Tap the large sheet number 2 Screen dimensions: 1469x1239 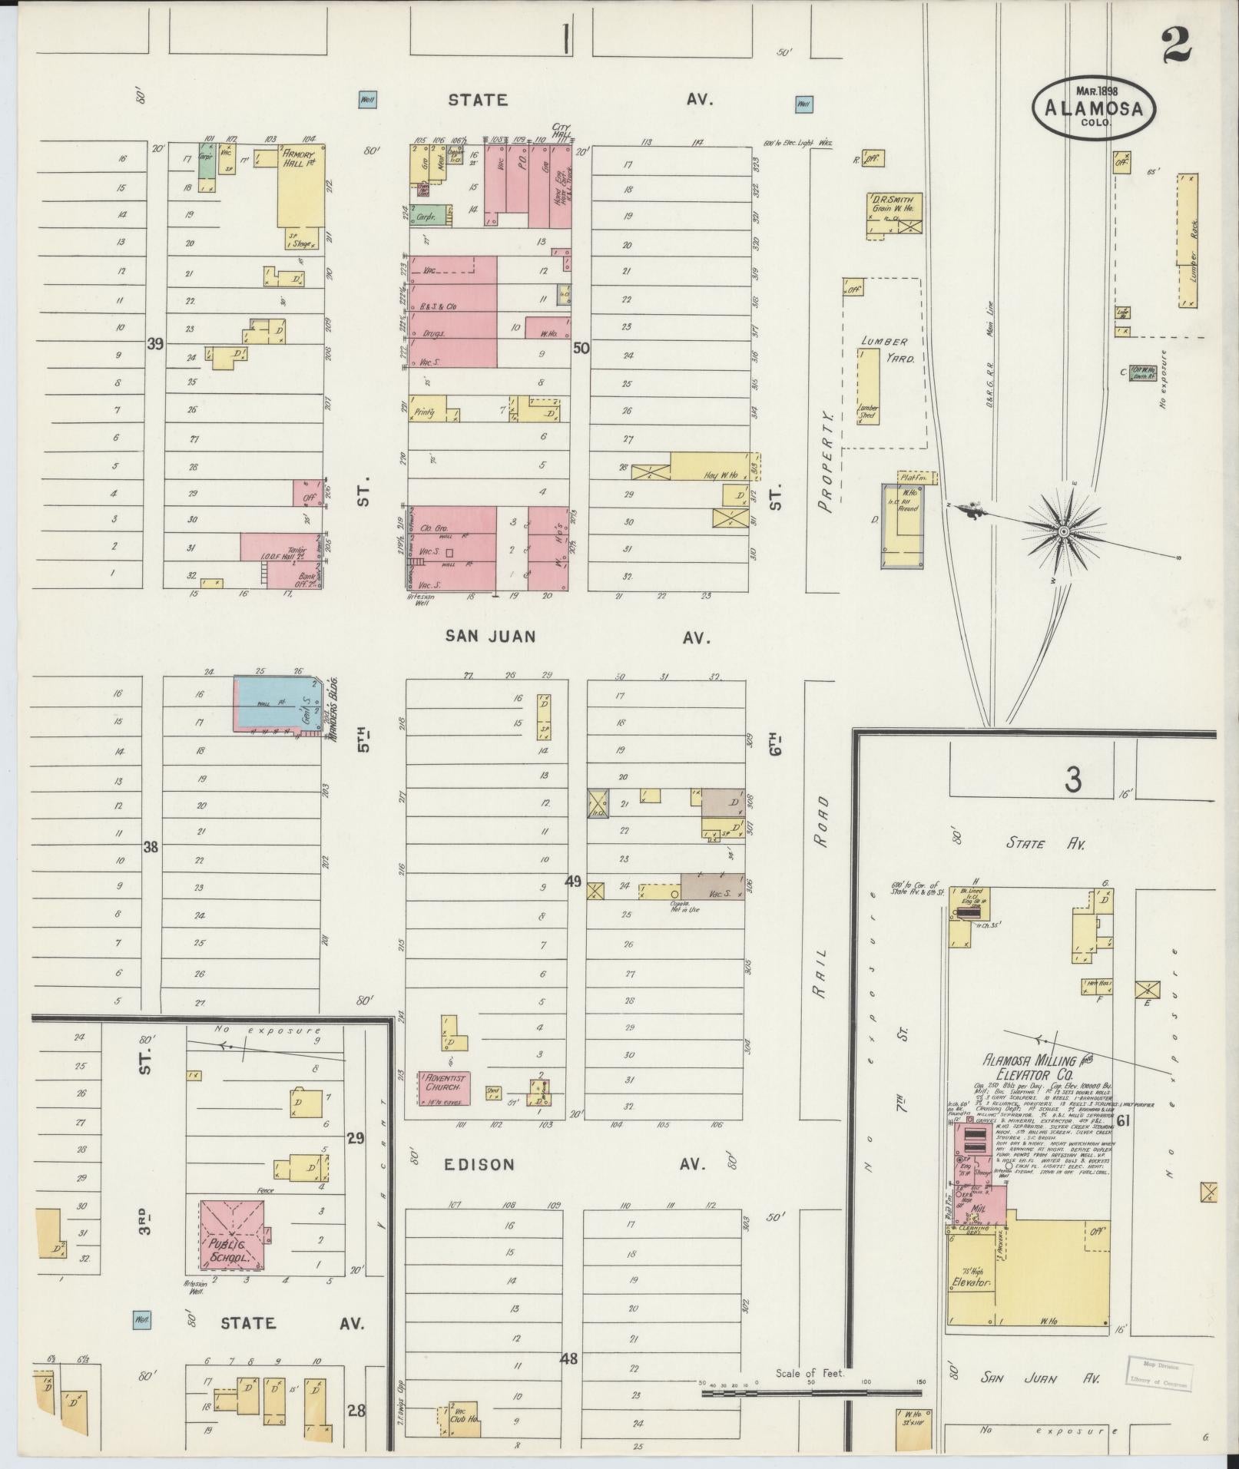pyautogui.click(x=1176, y=44)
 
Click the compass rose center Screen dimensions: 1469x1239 pyautogui.click(x=1064, y=531)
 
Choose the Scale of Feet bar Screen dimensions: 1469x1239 pyautogui.click(x=812, y=1392)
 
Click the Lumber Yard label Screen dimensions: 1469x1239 pyautogui.click(x=884, y=350)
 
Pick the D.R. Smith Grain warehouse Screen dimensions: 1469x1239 pyautogui.click(x=895, y=215)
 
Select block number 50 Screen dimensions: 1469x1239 pyautogui.click(x=581, y=348)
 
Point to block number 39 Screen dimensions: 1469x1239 pyautogui.click(x=155, y=345)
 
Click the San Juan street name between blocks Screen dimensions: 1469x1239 pyautogui.click(x=490, y=636)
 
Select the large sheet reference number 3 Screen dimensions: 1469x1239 pyautogui.click(x=1072, y=780)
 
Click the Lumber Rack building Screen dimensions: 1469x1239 pyautogui.click(x=1187, y=240)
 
